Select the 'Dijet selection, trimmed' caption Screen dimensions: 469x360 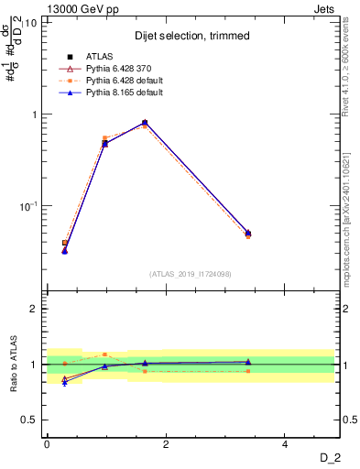point(191,36)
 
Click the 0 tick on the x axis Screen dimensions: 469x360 point(47,444)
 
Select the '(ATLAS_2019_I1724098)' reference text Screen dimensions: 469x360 point(191,273)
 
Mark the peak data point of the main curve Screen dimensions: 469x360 point(145,123)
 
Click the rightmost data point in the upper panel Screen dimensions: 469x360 point(247,234)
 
